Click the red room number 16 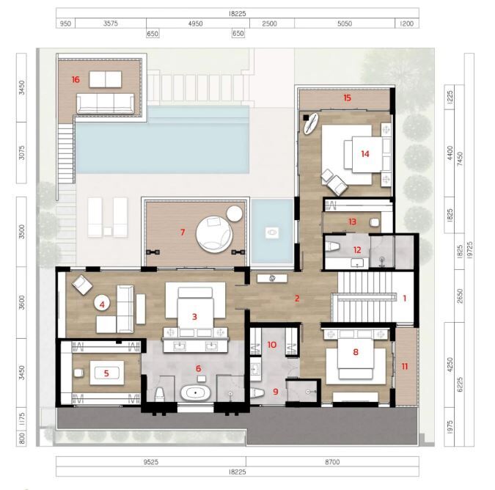coord(76,79)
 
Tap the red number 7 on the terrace coord(183,233)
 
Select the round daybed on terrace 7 coord(214,234)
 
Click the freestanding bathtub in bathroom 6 coord(195,392)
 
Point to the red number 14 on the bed coord(365,154)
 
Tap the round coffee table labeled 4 coord(102,304)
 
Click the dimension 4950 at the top coord(195,23)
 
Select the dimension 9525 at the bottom coord(151,462)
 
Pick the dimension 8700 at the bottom coord(332,462)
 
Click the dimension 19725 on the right coord(469,250)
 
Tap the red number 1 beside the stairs coord(405,298)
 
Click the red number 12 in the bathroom coord(357,250)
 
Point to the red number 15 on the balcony coord(348,98)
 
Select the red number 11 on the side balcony coord(405,366)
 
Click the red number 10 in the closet coord(272,345)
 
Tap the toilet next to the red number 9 coord(257,393)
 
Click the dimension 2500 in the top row coord(270,23)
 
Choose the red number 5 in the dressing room coord(106,373)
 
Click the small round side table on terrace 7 coord(234,213)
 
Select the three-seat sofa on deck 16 coord(105,103)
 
